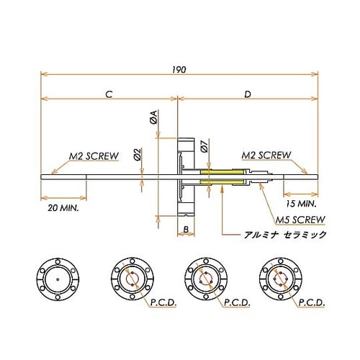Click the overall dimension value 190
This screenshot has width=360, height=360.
coord(179,69)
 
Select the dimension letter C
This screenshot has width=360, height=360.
coord(108,94)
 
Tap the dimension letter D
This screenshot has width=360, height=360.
coord(247,94)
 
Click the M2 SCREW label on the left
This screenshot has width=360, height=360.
coord(94,155)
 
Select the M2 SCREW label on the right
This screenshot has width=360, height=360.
coord(266,155)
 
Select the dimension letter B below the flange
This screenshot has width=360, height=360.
coord(185,230)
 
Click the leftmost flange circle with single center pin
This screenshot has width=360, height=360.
coord(55,278)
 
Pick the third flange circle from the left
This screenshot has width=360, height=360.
coord(204,278)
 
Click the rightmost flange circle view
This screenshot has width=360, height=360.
coord(279,278)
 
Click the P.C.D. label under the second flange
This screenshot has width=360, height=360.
coord(163,303)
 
